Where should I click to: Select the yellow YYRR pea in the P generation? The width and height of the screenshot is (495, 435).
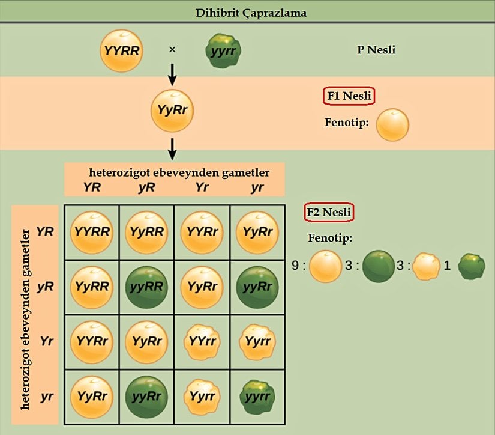pos(122,50)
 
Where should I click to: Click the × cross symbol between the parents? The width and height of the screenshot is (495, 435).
pos(172,50)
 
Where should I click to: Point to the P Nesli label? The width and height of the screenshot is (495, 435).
pos(376,50)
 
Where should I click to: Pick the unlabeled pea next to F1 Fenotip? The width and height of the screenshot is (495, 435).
pos(392,125)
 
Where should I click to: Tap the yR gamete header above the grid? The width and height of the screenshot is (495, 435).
pos(147,188)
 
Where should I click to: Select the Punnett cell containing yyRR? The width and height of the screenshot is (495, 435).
pos(146,287)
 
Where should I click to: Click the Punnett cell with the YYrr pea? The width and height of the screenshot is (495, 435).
pos(202,342)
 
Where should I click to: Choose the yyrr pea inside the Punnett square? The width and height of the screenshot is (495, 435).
pos(257,397)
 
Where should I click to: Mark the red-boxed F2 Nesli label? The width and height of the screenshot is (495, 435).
pos(329,212)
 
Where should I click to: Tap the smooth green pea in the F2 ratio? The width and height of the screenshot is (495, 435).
pos(379,266)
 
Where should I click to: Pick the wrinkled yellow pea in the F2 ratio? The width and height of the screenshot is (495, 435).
pos(426,266)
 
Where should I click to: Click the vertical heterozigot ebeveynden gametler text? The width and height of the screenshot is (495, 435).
pos(26,315)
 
